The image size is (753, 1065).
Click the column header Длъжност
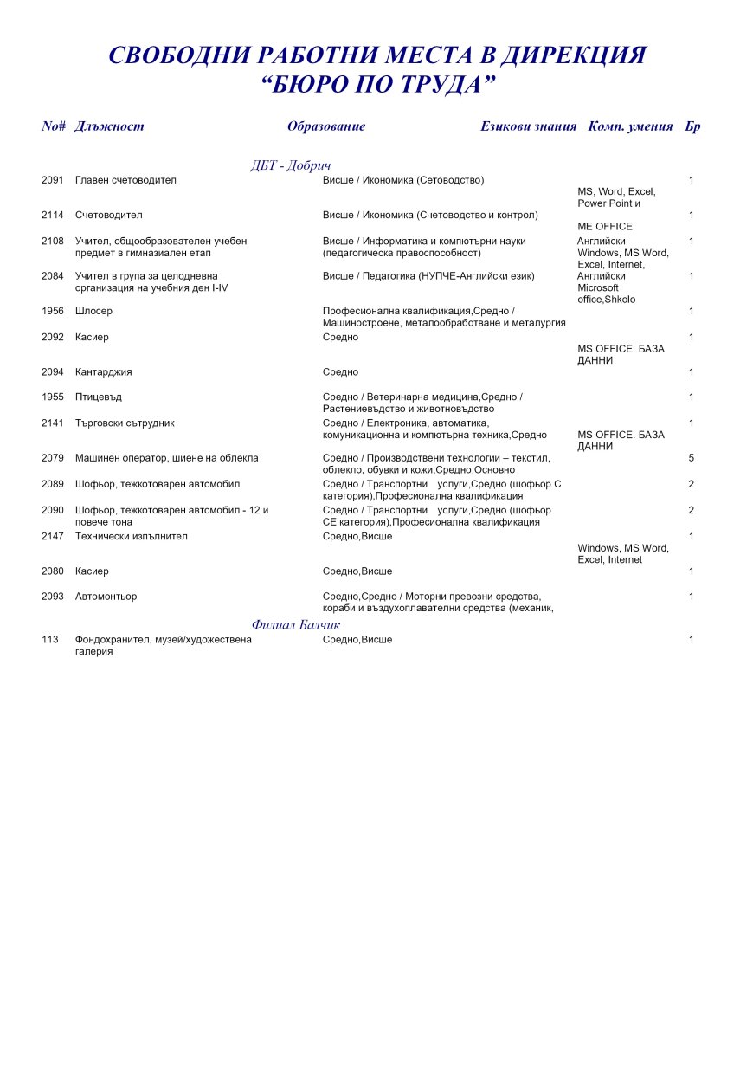point(109,126)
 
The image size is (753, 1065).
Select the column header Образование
point(326,126)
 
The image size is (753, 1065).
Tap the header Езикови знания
point(528,126)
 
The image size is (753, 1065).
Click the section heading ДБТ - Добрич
point(291,165)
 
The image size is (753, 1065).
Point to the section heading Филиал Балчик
point(296,624)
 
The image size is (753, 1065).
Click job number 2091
point(53,180)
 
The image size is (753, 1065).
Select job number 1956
point(53,311)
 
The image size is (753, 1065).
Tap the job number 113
point(49,640)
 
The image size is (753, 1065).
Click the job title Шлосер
point(93,311)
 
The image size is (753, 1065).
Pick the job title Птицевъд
point(98,397)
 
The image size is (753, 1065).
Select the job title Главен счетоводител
point(125,180)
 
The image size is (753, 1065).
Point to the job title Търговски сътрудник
point(125,423)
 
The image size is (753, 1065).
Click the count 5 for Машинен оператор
point(692,458)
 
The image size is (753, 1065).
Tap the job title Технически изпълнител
point(131,537)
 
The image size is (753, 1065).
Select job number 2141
point(53,423)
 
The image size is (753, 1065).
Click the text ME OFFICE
point(605,227)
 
